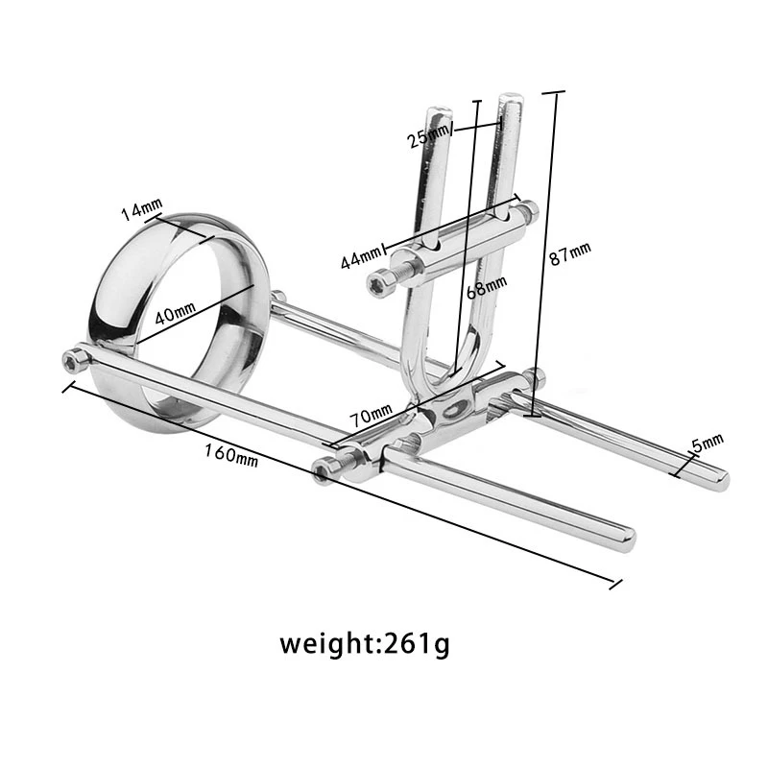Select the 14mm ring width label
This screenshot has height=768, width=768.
tap(142, 208)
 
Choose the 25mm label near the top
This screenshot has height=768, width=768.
tap(429, 137)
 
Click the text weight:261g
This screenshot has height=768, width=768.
tap(364, 642)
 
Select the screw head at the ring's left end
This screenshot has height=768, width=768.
tap(73, 359)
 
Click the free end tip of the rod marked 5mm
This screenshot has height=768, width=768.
tap(721, 481)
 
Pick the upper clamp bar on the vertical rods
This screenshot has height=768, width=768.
tap(461, 235)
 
